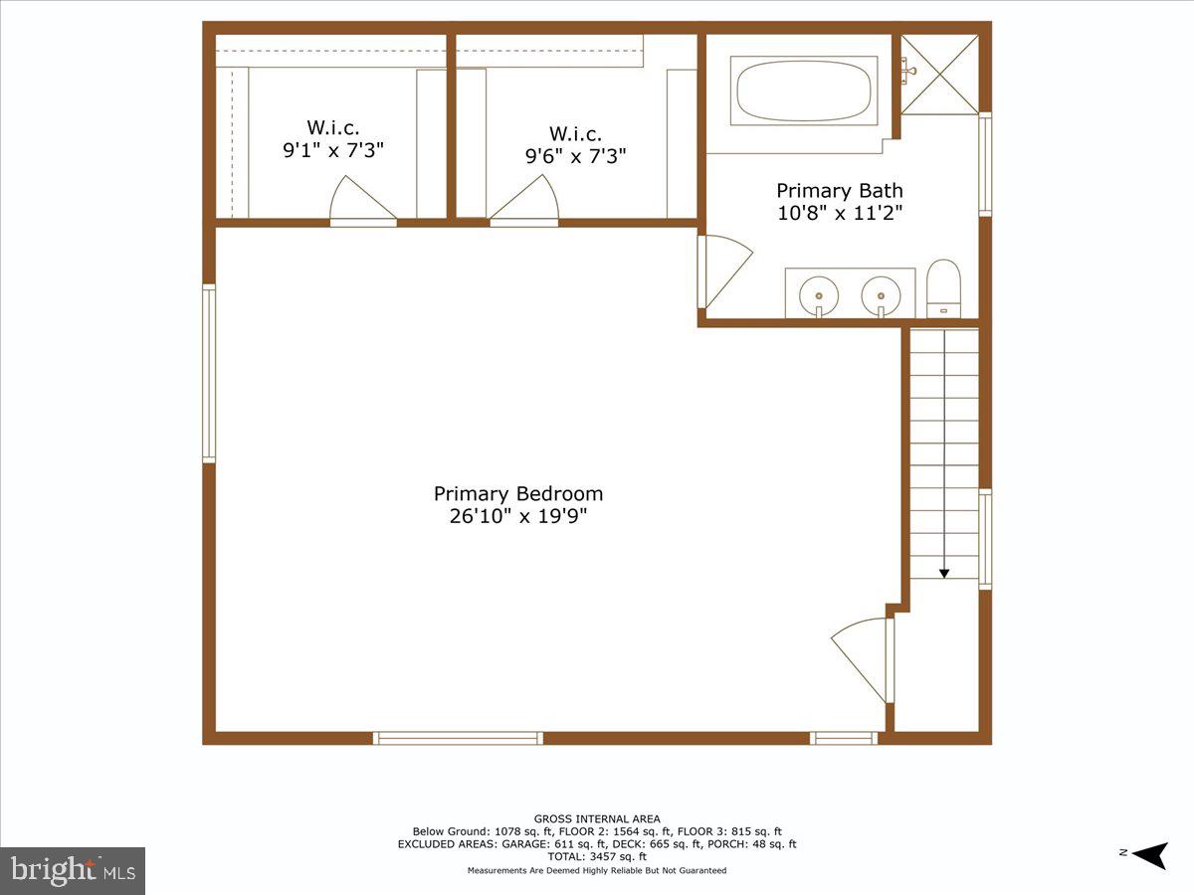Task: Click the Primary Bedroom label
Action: point(517,494)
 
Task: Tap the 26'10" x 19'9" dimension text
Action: point(517,516)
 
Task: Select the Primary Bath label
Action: point(839,190)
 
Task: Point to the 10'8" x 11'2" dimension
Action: point(839,212)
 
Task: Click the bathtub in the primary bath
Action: point(804,89)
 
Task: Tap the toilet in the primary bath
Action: point(942,286)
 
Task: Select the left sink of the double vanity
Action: point(820,294)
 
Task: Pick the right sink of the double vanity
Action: point(881,294)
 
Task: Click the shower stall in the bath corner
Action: point(939,74)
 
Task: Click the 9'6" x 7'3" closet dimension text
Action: point(575,156)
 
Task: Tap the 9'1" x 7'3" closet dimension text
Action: point(332,150)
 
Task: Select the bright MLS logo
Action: point(73,870)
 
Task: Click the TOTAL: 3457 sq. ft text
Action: point(597,856)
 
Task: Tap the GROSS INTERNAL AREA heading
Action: point(597,818)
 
